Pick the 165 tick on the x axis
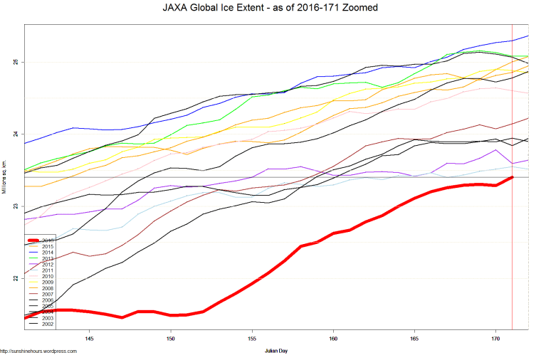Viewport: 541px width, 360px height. [x=414, y=339]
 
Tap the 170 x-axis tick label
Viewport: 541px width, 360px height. [x=495, y=339]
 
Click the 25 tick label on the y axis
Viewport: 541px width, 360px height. [x=16, y=62]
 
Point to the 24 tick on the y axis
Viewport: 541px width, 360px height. [x=16, y=134]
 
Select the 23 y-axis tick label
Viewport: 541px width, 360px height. [x=16, y=206]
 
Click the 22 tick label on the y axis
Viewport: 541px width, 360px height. [x=16, y=278]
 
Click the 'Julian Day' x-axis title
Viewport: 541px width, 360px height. [x=276, y=351]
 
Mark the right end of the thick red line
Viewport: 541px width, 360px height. [x=513, y=176]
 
